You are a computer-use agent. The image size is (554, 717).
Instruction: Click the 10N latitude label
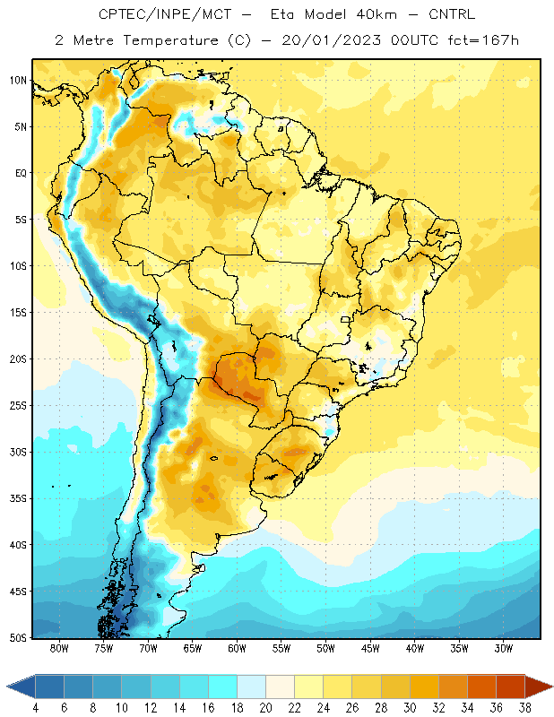point(18,81)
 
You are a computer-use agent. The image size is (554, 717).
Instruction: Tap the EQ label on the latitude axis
point(21,173)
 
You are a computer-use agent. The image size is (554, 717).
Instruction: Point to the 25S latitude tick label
point(18,406)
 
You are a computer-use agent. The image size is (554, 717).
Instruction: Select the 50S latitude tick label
point(18,638)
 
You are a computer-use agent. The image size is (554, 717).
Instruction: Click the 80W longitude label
point(59,648)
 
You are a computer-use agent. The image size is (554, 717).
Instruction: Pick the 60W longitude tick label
point(238,648)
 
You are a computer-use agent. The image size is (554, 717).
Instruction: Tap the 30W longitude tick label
point(504,648)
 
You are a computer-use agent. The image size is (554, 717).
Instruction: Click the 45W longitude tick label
point(370,648)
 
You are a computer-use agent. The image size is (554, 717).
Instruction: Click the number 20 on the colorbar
point(265,708)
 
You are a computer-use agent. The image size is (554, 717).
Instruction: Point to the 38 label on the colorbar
point(524,708)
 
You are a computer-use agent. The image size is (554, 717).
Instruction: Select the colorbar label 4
point(35,708)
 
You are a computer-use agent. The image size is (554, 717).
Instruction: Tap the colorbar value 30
point(410,708)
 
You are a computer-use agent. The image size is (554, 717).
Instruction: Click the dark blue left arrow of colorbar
point(21,687)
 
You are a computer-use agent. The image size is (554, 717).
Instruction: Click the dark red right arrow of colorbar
point(539,687)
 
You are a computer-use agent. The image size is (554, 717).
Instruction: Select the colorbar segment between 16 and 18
point(223,687)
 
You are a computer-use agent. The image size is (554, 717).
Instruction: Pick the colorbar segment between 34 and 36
point(481,687)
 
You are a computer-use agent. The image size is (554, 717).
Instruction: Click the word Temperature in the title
point(170,40)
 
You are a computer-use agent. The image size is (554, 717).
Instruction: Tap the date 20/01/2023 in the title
point(331,40)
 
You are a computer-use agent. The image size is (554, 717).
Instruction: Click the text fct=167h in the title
point(483,40)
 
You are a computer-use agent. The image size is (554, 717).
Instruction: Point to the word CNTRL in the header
point(452,14)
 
